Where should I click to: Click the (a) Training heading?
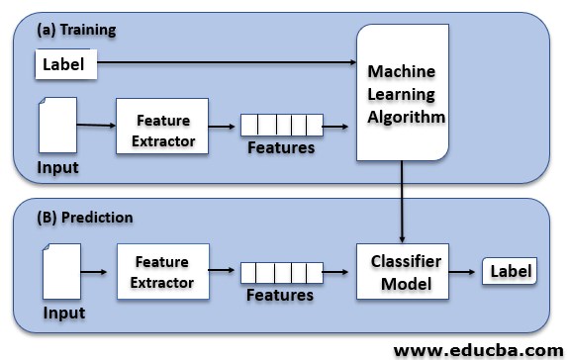coord(76,30)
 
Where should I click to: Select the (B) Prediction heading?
coord(84,217)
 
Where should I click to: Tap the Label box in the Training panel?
coord(66,66)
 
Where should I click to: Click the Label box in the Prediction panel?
coord(509,271)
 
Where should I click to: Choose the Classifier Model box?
coord(401,270)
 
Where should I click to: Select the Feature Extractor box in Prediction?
coord(162,272)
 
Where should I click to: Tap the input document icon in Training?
coord(56,126)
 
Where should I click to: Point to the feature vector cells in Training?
coord(282,125)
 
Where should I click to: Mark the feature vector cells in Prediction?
coord(282,272)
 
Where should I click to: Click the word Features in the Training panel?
coord(281,147)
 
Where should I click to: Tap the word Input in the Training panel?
coord(57,167)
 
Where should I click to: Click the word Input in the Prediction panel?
coord(63,314)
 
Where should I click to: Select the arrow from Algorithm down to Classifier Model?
coord(402,203)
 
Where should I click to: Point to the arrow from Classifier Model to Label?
coord(462,271)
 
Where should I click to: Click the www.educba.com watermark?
coord(479,349)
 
